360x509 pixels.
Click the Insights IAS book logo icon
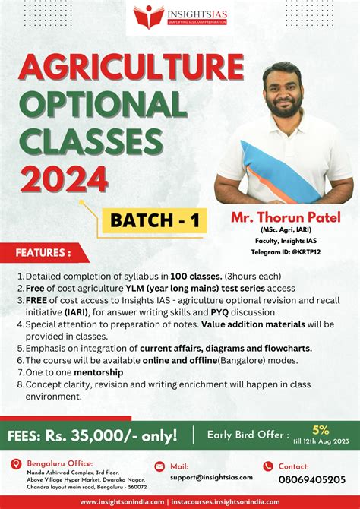pyautogui.click(x=149, y=17)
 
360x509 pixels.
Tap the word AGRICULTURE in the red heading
pyautogui.click(x=131, y=68)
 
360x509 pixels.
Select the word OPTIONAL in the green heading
pyautogui.click(x=103, y=104)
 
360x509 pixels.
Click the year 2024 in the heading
pyautogui.click(x=64, y=179)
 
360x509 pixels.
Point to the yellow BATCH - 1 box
pyautogui.click(x=155, y=220)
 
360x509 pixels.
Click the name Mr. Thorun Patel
pyautogui.click(x=286, y=217)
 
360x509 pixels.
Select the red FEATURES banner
pyautogui.click(x=44, y=252)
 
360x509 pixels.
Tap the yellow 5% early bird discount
pyautogui.click(x=321, y=430)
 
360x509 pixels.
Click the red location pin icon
pyautogui.click(x=16, y=464)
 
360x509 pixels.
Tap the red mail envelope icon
pyautogui.click(x=159, y=466)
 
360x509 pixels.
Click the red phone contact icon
pyautogui.click(x=268, y=466)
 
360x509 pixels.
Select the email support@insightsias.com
pyautogui.click(x=211, y=478)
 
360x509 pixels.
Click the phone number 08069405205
pyautogui.click(x=311, y=479)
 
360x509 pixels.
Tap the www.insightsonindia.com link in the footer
pyautogui.click(x=122, y=502)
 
